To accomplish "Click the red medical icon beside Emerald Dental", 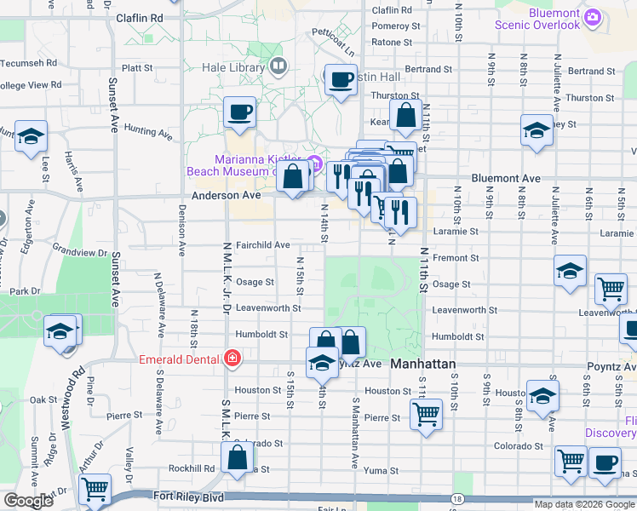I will pyautogui.click(x=231, y=359).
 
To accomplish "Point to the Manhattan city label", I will pyautogui.click(x=423, y=364).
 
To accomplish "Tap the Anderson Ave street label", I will pyautogui.click(x=226, y=195).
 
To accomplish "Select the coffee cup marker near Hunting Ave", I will pyautogui.click(x=239, y=112).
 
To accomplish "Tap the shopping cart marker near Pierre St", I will pyautogui.click(x=426, y=416).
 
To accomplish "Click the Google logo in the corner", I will pyautogui.click(x=27, y=501).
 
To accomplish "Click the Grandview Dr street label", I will pyautogui.click(x=79, y=253).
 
